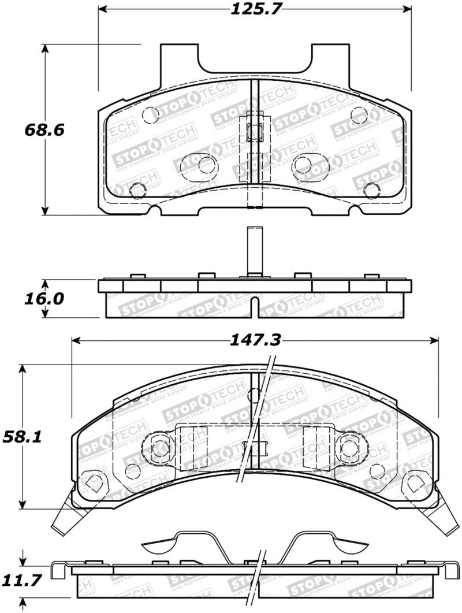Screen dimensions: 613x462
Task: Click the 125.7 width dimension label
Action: pos(255,9)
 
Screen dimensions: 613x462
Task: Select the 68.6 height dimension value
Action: pos(44,129)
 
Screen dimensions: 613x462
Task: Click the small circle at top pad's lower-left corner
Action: pos(137,190)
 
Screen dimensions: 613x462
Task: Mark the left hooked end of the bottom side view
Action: pos(57,570)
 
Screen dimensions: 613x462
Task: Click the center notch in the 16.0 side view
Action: pos(255,306)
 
